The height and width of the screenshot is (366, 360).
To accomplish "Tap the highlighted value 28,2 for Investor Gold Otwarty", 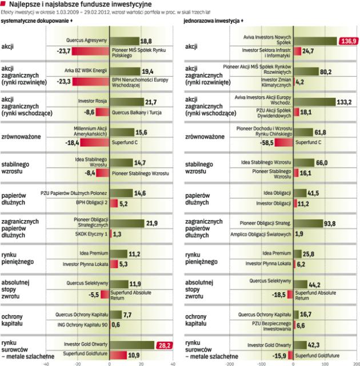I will [x=164, y=345].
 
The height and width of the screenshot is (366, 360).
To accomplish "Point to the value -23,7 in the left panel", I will [x=63, y=51].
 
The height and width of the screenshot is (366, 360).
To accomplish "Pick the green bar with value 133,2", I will [x=314, y=102].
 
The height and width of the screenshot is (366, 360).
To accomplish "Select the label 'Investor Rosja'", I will [x=92, y=102].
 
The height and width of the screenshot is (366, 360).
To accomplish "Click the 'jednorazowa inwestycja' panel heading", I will [x=211, y=21].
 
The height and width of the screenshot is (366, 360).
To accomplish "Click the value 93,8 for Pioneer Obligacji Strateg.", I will [x=330, y=223].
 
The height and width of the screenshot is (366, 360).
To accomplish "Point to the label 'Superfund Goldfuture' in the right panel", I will [x=320, y=356].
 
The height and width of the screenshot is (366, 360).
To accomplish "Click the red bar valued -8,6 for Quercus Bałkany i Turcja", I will [x=102, y=112].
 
